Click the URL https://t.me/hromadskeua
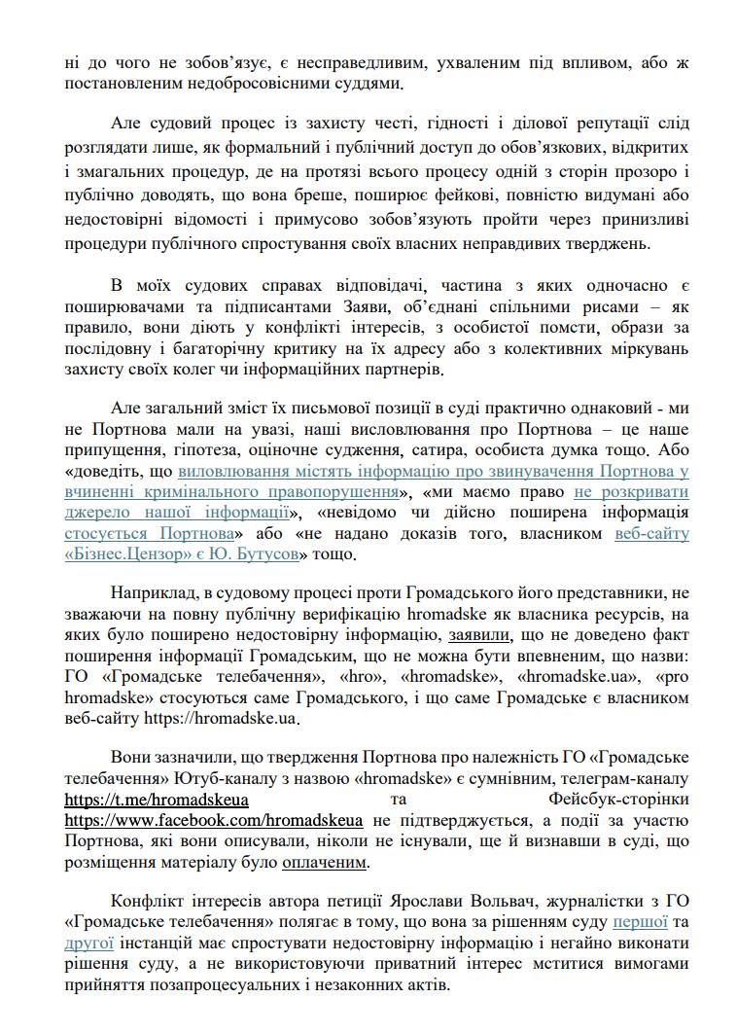157,799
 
